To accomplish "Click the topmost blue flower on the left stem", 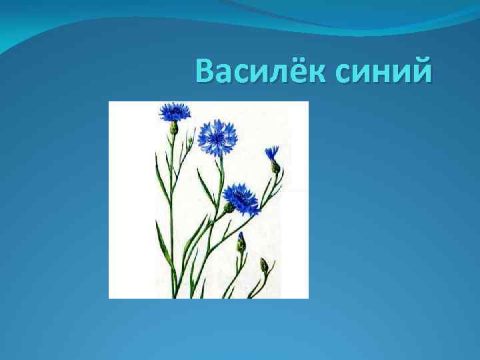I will (x=175, y=111).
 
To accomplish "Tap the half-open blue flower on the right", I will (x=271, y=153).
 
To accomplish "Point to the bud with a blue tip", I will (x=241, y=241).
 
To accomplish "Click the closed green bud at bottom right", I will (x=264, y=265).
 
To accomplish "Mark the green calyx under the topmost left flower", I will (x=174, y=127).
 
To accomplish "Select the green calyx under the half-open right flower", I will (x=275, y=167).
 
